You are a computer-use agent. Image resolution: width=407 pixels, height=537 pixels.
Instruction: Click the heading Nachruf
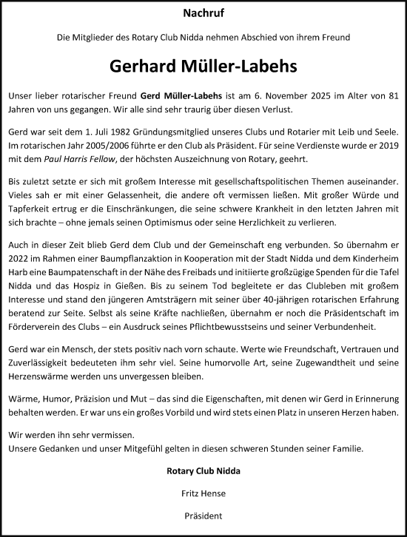(x=203, y=13)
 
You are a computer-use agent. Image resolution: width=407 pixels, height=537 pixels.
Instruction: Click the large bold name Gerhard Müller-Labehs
(x=203, y=66)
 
